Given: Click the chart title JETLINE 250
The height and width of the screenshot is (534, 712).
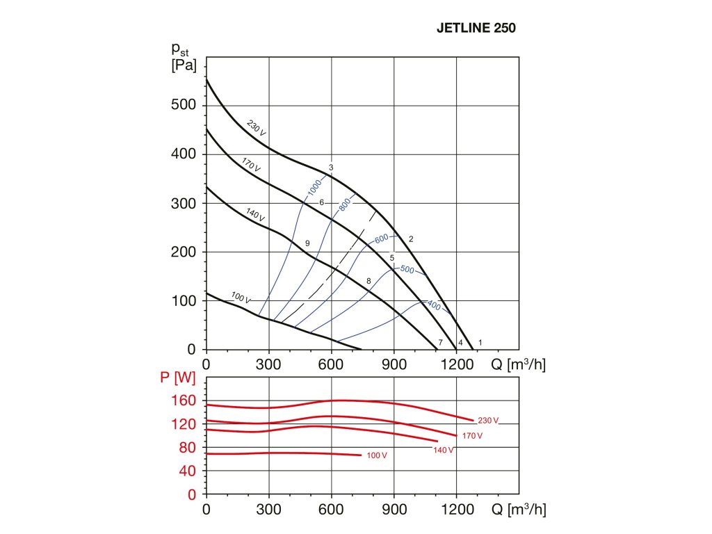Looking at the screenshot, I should (476, 29).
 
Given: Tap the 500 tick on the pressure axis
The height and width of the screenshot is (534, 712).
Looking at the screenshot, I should (184, 105).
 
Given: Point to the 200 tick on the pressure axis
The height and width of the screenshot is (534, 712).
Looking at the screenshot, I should (184, 252).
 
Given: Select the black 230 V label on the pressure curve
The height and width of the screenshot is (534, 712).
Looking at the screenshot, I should (257, 127).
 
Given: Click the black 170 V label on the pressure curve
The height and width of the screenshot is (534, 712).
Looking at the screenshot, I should (251, 165).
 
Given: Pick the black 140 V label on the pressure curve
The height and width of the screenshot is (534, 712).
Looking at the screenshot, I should (255, 214).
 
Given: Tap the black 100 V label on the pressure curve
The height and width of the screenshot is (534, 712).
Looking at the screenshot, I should (241, 298).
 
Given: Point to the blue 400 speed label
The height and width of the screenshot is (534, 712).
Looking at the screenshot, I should (432, 305).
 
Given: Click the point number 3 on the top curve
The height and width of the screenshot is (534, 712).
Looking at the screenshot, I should (332, 168).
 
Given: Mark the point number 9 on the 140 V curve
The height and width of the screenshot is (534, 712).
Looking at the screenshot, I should (307, 243).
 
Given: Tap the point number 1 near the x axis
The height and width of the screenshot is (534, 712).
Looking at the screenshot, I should (480, 342).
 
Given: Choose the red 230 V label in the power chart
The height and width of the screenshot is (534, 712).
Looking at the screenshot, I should (488, 421).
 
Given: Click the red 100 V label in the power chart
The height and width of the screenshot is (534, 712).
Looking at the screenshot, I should (376, 455).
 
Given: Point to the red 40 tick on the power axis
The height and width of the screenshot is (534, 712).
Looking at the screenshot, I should (188, 471).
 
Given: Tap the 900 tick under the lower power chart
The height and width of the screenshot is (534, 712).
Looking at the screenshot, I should (394, 510).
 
